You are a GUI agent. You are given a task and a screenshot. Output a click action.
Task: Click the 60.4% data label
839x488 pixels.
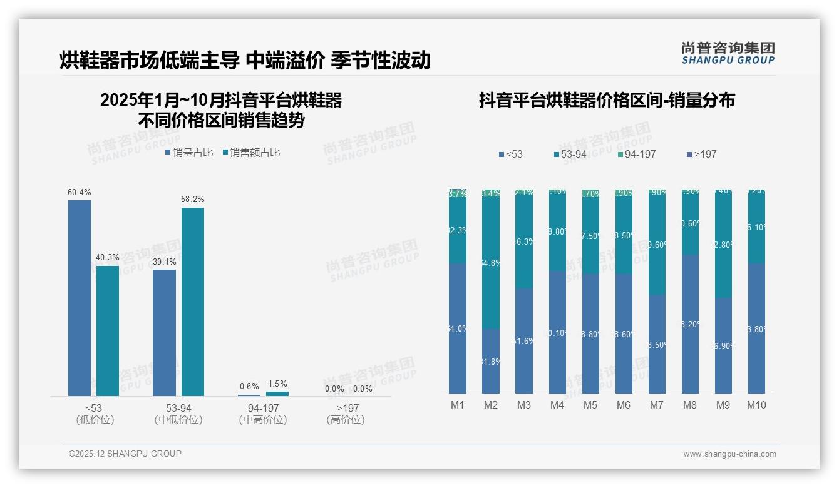pyautogui.click(x=80, y=193)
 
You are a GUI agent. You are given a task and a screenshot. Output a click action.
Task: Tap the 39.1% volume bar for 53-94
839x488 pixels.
pyautogui.click(x=164, y=332)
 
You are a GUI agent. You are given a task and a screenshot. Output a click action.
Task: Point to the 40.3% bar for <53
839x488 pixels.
pyautogui.click(x=108, y=330)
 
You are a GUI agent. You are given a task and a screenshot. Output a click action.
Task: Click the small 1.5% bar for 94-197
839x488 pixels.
pyautogui.click(x=277, y=394)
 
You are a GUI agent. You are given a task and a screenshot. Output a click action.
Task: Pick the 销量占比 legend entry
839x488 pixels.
pyautogui.click(x=189, y=153)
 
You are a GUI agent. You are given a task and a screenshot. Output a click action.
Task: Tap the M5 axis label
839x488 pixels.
pyautogui.click(x=590, y=405)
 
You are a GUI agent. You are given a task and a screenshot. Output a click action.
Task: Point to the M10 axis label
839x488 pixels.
pyautogui.click(x=756, y=405)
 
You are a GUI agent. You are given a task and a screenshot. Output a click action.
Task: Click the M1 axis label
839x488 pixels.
pyautogui.click(x=458, y=405)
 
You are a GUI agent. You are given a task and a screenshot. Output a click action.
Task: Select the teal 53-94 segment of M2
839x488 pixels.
pyautogui.click(x=491, y=263)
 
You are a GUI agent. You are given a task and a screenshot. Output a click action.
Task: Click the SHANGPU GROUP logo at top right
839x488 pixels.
pyautogui.click(x=728, y=53)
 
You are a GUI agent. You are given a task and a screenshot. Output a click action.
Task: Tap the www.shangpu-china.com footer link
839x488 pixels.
pyautogui.click(x=729, y=454)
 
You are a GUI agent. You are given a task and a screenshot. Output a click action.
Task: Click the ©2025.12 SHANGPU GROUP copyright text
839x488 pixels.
pyautogui.click(x=125, y=454)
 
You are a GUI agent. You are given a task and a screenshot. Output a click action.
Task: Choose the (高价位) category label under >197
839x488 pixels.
pyautogui.click(x=345, y=420)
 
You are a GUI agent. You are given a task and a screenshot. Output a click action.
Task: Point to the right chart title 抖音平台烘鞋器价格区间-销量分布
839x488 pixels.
pyautogui.click(x=607, y=100)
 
